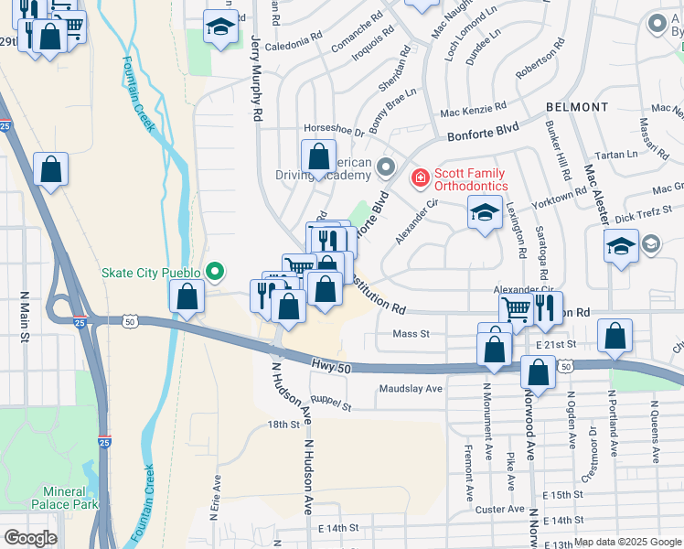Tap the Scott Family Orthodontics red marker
(420, 177)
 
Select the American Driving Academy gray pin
(385, 167)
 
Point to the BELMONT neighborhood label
(577, 107)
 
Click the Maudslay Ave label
(411, 388)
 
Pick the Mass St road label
(411, 334)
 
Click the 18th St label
(283, 425)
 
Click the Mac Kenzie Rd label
(473, 113)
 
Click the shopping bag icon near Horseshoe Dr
(318, 156)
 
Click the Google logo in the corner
(30, 538)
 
